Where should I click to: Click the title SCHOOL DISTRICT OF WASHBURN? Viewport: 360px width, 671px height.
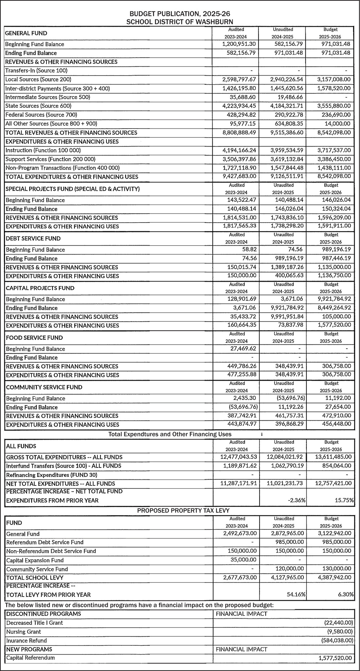[x=180, y=22]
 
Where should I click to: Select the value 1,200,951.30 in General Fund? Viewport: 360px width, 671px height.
[x=239, y=44]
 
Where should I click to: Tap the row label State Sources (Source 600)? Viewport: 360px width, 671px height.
[x=38, y=106]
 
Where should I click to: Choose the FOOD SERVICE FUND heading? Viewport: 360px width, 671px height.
[x=34, y=337]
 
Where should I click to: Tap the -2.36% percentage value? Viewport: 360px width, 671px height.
[x=297, y=500]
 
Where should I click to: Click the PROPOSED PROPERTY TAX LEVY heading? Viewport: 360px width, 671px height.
[x=183, y=510]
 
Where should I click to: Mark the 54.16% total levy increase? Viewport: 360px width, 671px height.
[x=297, y=595]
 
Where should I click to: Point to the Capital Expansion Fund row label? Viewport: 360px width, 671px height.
[x=35, y=560]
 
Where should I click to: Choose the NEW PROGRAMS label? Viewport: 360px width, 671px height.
[x=29, y=649]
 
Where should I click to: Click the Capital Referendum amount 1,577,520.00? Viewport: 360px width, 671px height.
[x=335, y=658]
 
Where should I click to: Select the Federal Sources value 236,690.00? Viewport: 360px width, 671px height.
[x=335, y=115]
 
